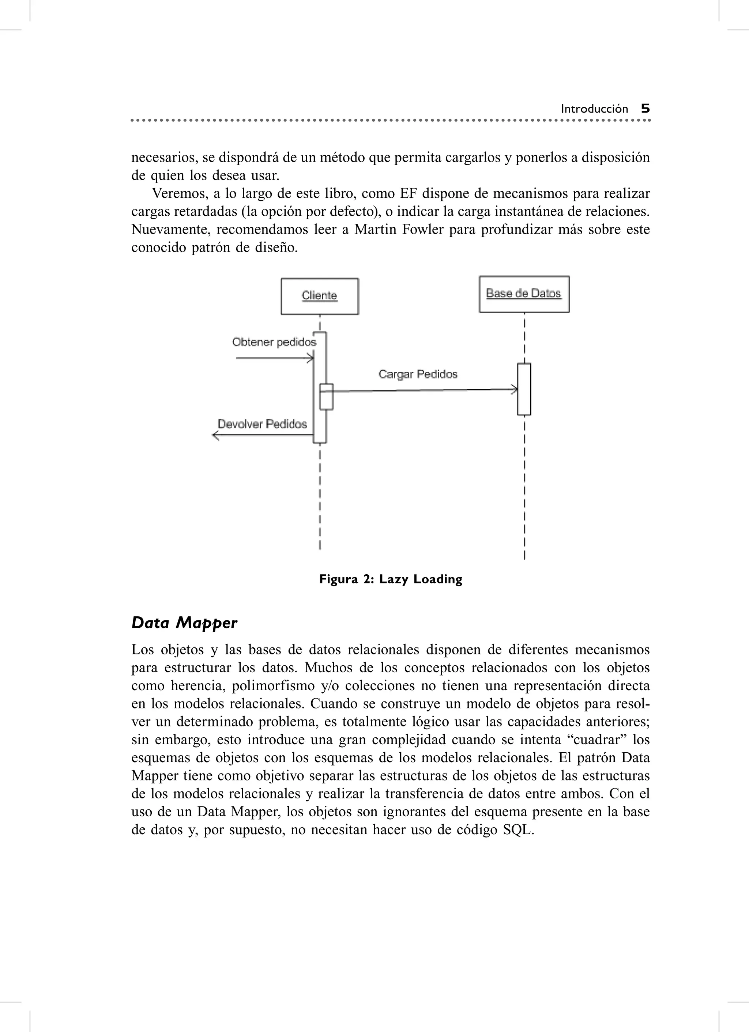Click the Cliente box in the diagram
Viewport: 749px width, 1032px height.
tap(320, 296)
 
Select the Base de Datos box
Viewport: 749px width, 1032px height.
tap(524, 294)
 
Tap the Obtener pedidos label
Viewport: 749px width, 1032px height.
tap(274, 342)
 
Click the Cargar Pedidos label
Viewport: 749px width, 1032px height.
tap(418, 374)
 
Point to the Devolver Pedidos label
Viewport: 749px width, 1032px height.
tap(262, 424)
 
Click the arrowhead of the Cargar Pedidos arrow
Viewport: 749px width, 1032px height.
tap(515, 389)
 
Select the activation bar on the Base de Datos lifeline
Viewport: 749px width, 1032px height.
tap(524, 389)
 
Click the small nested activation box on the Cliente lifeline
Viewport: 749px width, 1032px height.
tap(326, 397)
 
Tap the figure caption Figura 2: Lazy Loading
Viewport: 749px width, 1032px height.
tap(390, 579)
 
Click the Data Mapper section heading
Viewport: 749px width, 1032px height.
tap(184, 623)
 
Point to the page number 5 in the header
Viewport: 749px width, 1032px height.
tap(645, 109)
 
